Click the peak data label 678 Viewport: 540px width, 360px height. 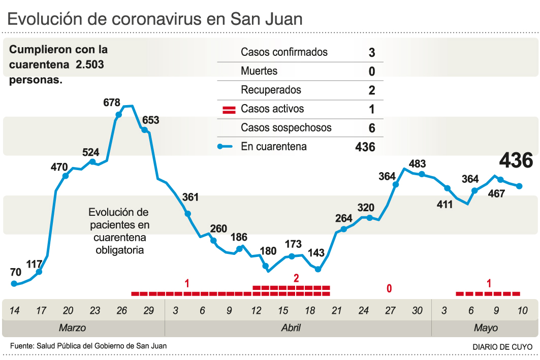pos(111,103)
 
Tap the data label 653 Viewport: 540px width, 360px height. pos(150,120)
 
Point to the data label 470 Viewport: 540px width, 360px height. pos(59,166)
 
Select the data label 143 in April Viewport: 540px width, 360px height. pos(316,253)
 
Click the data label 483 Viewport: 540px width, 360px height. pos(417,163)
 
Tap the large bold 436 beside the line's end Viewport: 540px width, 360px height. pos(516,160)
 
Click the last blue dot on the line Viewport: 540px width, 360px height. pos(519,186)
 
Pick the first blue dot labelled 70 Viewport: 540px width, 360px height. pos(14,284)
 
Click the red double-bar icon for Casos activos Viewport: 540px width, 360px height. pos(229,109)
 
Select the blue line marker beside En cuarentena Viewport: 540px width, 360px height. pos(225,147)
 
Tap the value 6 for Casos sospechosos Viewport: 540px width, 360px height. pos(372,128)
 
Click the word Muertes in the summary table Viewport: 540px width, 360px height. pos(259,71)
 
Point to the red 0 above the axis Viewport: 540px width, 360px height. pos(389,288)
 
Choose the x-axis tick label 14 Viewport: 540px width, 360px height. pos(14,311)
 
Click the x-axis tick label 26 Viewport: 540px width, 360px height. pos(121,311)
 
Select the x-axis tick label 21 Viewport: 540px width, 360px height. pos(336,311)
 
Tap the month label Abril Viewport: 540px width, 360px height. pos(291,328)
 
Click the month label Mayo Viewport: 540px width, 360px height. pos(486,328)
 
